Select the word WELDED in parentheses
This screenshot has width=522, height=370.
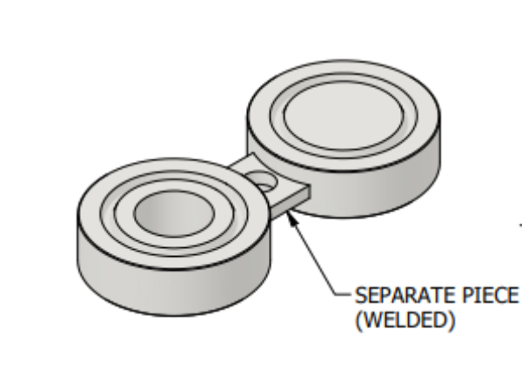pos(405,320)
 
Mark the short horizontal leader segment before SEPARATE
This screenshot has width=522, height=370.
pos(344,294)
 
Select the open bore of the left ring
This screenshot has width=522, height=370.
pos(174,213)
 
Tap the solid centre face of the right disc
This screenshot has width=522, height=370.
pos(344,115)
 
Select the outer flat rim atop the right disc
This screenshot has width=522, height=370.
pos(344,163)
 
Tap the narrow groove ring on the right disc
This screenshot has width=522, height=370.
pos(344,152)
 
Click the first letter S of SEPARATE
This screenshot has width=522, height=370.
pos(360,295)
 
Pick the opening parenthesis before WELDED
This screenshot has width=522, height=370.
pos(358,320)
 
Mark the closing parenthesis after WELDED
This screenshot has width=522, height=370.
pos(452,320)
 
